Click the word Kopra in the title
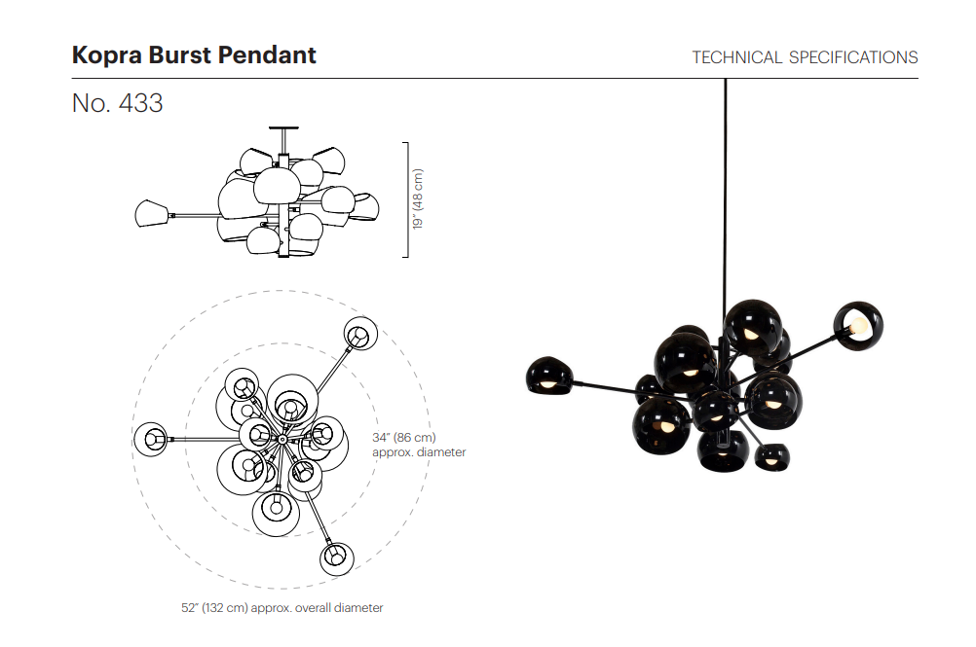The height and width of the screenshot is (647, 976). pyautogui.click(x=107, y=55)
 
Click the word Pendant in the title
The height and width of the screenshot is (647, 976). pyautogui.click(x=267, y=54)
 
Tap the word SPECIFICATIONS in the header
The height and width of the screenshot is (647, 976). pyautogui.click(x=853, y=57)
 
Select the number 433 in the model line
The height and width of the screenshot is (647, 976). pyautogui.click(x=140, y=103)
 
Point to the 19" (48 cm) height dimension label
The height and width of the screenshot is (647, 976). pyautogui.click(x=418, y=198)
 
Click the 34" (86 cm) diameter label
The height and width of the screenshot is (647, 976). pyautogui.click(x=404, y=438)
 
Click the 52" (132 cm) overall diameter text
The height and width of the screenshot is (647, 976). pyautogui.click(x=282, y=608)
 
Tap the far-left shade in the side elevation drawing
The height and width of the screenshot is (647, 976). pyautogui.click(x=153, y=213)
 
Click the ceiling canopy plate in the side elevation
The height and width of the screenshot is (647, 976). pyautogui.click(x=283, y=128)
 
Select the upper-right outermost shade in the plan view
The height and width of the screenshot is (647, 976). pyautogui.click(x=361, y=334)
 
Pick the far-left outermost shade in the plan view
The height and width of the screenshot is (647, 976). pyautogui.click(x=151, y=439)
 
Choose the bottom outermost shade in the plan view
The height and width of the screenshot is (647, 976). pyautogui.click(x=337, y=558)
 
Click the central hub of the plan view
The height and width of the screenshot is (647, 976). pyautogui.click(x=282, y=440)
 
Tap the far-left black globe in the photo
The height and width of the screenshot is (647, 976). pyautogui.click(x=549, y=376)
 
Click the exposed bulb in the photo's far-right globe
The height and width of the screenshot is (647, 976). pyautogui.click(x=860, y=325)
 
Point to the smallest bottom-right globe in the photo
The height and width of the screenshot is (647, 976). pyautogui.click(x=772, y=457)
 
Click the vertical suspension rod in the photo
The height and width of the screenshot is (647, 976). pyautogui.click(x=725, y=193)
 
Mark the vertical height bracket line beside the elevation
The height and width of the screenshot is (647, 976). pyautogui.click(x=408, y=199)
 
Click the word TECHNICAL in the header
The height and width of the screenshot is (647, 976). pyautogui.click(x=737, y=57)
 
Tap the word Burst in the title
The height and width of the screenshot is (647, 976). pyautogui.click(x=180, y=54)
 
